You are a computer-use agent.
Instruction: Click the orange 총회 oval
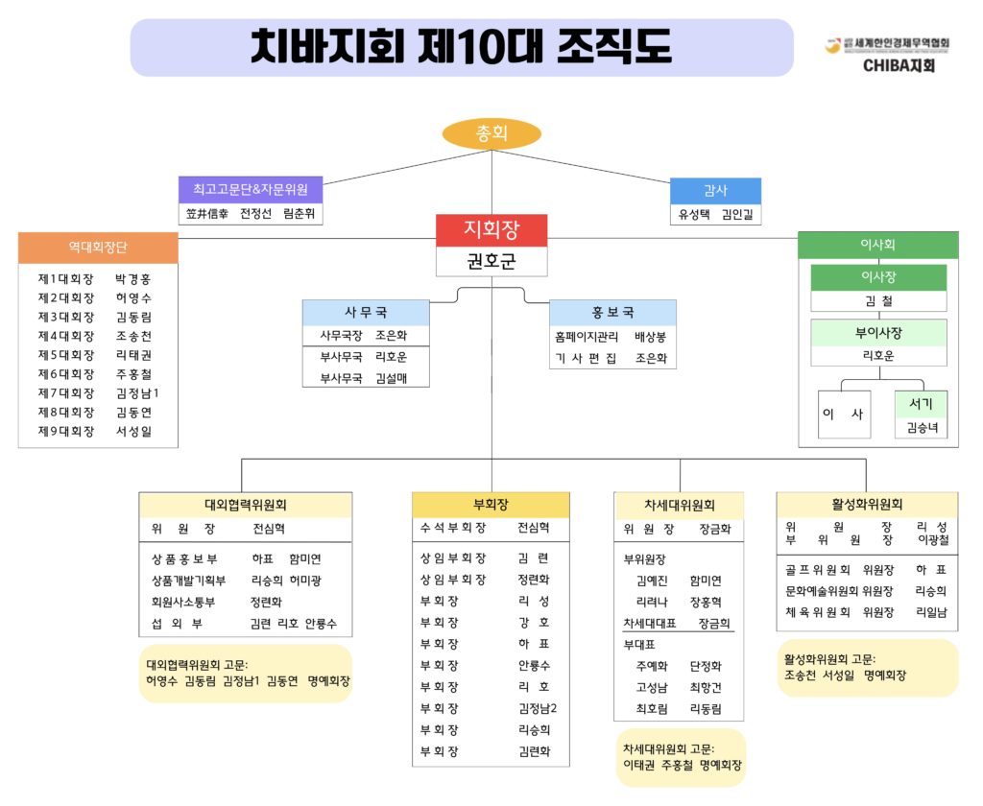coord(491,133)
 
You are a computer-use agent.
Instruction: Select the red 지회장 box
coord(491,229)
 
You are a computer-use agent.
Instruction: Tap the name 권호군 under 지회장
coord(491,261)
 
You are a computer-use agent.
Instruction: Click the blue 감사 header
coord(716,190)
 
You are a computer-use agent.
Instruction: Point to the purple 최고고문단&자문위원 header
coord(250,189)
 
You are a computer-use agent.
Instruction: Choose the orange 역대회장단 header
coord(98,247)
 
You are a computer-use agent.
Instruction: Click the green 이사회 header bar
coord(877,245)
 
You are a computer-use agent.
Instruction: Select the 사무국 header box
coord(366,313)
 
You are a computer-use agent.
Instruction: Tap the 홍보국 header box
coord(612,313)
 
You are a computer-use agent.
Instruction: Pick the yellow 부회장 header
coord(491,505)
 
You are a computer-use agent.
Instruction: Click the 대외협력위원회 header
coord(245,505)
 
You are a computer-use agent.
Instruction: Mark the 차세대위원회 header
coord(679,505)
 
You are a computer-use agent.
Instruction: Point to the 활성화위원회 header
coord(867,504)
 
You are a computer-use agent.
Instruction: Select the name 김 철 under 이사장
coord(878,301)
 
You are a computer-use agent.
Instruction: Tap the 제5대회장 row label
coord(66,355)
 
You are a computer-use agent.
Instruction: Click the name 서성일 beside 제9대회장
coord(133,432)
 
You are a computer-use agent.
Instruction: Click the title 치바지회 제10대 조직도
coord(461,47)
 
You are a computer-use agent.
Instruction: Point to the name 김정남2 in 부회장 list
coord(538,708)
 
